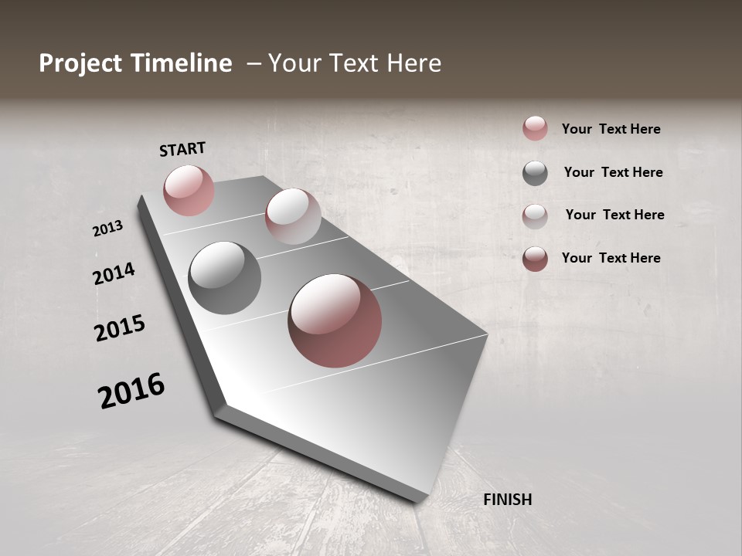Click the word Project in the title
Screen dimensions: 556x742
[x=80, y=63]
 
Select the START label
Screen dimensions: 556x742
[x=182, y=149]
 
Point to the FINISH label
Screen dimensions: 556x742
[x=507, y=500]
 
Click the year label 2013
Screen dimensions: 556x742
[x=107, y=229]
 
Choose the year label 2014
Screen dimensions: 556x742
[x=114, y=273]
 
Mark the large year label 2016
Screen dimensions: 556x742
[x=131, y=391]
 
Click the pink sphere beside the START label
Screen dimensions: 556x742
[x=189, y=190]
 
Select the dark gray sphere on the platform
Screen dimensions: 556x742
[x=224, y=278]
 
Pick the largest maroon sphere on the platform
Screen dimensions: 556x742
[x=335, y=320]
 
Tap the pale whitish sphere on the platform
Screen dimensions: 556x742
[x=293, y=216]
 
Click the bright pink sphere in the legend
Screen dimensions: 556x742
[x=535, y=128]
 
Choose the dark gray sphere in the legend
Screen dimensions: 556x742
[x=535, y=173]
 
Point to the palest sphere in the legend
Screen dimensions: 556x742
[x=535, y=216]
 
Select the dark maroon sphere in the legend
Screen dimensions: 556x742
[x=535, y=259]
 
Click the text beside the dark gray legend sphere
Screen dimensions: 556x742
[x=613, y=172]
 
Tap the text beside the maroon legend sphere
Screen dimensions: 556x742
[x=611, y=258]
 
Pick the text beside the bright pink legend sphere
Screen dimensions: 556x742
[x=611, y=129]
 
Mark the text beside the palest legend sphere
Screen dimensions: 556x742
[x=614, y=215]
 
